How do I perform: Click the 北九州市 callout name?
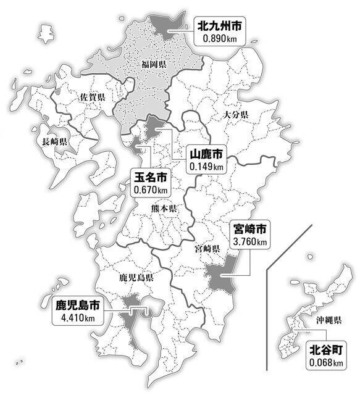220,26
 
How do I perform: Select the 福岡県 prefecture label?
154,64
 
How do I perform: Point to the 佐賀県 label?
93,98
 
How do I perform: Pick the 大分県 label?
235,115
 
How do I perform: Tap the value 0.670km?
150,191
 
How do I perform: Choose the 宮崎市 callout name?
249,229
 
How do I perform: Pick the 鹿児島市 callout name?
77,306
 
